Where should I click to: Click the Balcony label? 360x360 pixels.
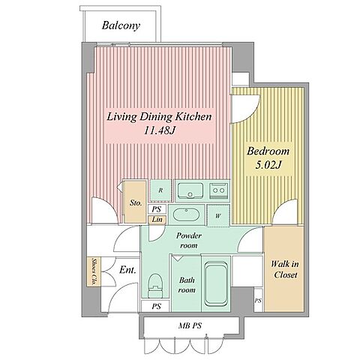point(121,25)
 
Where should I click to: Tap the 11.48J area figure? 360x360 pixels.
point(158,130)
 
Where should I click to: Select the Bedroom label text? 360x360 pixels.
point(268,151)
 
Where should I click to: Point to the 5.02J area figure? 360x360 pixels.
point(268,165)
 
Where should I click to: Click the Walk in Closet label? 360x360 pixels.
point(285,269)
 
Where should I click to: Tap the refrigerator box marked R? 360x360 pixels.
point(160,190)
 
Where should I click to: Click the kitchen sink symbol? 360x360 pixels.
point(190,190)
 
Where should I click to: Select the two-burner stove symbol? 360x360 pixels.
point(219,190)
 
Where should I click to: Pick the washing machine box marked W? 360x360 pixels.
point(218,216)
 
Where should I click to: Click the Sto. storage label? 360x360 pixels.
point(136,202)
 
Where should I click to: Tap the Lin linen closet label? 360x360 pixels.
point(157,220)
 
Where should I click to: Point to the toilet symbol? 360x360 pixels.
point(155,286)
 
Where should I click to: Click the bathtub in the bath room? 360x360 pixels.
point(216,283)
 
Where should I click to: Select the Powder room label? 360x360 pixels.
point(189,240)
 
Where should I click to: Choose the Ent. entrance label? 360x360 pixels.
point(127,270)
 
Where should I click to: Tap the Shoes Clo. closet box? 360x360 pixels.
point(94,271)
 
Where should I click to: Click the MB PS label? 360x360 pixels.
point(190,325)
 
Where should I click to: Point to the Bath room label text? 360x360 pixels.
point(187,285)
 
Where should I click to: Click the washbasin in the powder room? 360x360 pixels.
point(186,214)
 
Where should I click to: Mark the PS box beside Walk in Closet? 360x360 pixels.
point(259,300)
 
